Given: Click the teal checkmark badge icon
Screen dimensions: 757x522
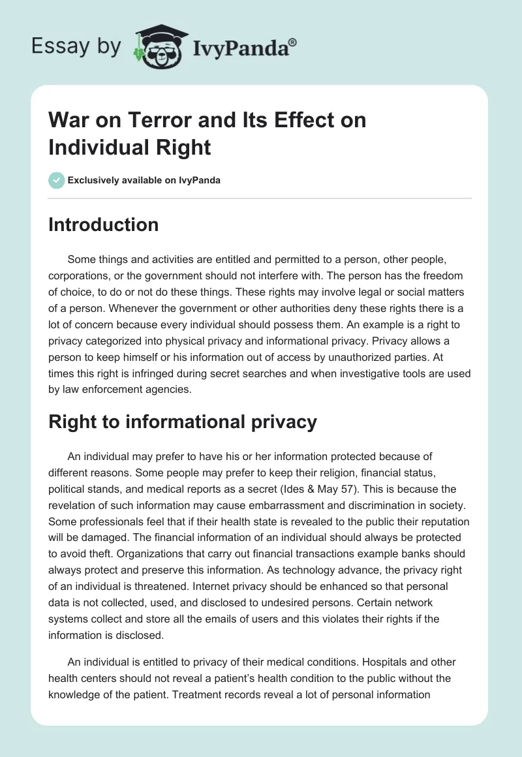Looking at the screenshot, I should coord(57,179).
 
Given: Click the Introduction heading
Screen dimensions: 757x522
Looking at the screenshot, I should coord(103,224).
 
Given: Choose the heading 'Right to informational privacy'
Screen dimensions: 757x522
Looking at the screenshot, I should coord(183,422).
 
